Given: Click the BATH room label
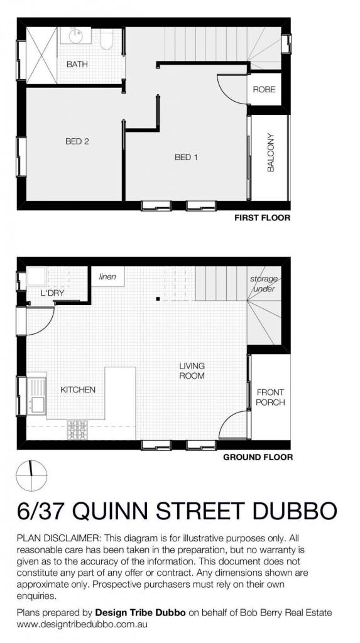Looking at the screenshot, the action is pyautogui.click(x=77, y=65).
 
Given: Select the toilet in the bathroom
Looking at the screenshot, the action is pyautogui.click(x=106, y=39).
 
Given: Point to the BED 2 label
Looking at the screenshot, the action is pyautogui.click(x=77, y=141).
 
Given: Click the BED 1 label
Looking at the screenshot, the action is pyautogui.click(x=186, y=157).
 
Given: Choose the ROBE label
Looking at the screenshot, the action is pyautogui.click(x=264, y=89).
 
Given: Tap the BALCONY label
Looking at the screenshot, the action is pyautogui.click(x=271, y=152).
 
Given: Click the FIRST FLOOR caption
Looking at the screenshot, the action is pyautogui.click(x=262, y=218).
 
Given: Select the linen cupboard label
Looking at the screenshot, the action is pyautogui.click(x=107, y=276).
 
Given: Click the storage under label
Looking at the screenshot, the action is pyautogui.click(x=264, y=284).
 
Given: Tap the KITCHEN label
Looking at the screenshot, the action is pyautogui.click(x=78, y=389).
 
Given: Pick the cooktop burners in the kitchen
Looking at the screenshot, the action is pyautogui.click(x=77, y=430).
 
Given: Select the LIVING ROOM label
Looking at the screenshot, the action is pyautogui.click(x=192, y=370).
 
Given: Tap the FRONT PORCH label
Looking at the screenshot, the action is pyautogui.click(x=270, y=397).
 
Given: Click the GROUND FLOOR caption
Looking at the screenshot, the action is pyautogui.click(x=258, y=457).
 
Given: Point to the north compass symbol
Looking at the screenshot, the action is pyautogui.click(x=31, y=476).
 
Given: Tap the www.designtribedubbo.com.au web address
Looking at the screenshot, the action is pyautogui.click(x=82, y=625).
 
